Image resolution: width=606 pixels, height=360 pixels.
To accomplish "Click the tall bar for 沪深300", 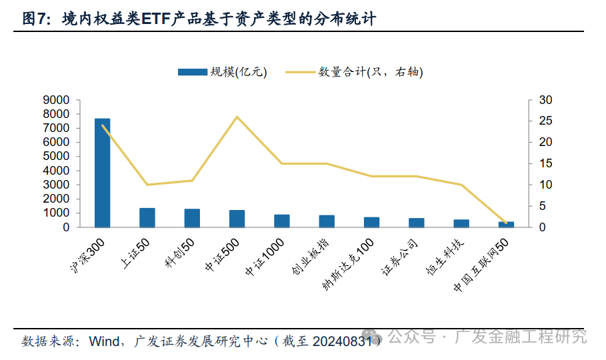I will pos(102,173).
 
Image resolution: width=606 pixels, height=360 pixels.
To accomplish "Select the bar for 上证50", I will pos(147,218).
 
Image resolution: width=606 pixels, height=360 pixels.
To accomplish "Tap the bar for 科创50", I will pos(192,218).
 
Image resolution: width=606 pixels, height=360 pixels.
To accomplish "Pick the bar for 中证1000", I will pos(282,221).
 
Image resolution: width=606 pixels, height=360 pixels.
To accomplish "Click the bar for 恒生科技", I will pos(461,223).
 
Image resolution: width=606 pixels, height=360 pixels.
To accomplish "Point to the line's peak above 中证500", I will pos(237,117).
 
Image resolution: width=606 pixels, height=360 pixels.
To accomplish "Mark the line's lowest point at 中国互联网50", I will pos(506,223).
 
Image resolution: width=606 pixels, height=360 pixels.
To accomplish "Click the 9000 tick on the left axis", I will pos(56,100).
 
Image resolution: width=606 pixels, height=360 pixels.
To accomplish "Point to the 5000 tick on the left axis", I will pos(56,157).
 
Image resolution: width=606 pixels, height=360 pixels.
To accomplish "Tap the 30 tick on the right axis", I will pos(546,100).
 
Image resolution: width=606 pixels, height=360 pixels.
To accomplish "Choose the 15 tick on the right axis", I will pos(546,163).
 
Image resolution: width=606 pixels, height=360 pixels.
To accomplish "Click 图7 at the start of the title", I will pos(35,19).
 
